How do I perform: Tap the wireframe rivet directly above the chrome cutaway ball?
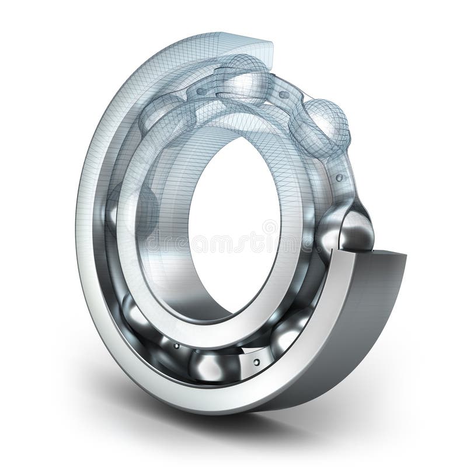[x=339, y=177]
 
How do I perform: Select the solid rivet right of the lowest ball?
[x=256, y=362]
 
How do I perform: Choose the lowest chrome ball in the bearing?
[x=215, y=365]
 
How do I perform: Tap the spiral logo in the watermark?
[x=269, y=228]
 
